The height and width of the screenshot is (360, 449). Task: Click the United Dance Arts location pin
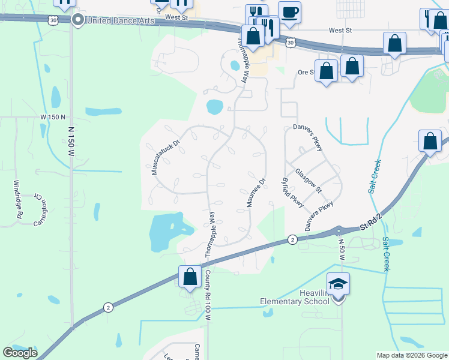coord(77,21)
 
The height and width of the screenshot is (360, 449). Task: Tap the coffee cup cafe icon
coord(289,12)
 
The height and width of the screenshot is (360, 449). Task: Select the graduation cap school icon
coord(338,283)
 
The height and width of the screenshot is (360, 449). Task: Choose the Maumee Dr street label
coord(255,193)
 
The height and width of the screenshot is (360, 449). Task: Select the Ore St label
coord(307,73)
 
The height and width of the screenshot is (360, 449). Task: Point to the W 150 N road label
coord(53,116)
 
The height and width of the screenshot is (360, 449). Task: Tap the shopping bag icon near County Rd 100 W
coord(190,278)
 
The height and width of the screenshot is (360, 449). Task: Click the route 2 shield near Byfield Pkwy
coord(291,240)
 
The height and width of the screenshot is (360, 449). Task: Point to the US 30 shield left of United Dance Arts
coord(55,19)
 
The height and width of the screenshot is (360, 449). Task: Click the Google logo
coord(20,352)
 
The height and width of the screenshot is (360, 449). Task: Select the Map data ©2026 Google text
coord(412,355)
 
